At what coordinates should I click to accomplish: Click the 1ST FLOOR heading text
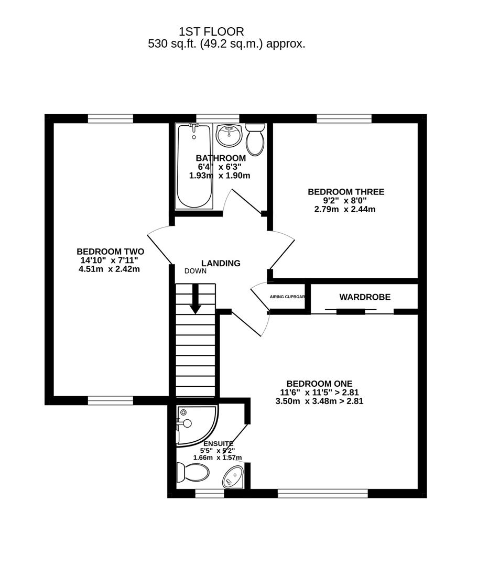tap(211, 32)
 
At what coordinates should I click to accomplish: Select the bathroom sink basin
tap(229, 135)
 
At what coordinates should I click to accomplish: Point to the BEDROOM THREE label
tap(345, 192)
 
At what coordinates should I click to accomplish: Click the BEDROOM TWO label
tap(110, 252)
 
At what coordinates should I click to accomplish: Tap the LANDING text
tap(221, 263)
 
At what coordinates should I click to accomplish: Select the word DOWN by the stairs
tap(196, 271)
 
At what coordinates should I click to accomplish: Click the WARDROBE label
tap(365, 297)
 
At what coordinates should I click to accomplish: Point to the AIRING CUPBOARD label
tap(287, 297)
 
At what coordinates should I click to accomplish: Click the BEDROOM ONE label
tap(319, 384)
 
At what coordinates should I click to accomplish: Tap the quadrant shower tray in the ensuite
tap(194, 426)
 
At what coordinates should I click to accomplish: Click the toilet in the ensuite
tap(193, 472)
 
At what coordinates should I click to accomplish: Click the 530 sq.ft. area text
tap(226, 44)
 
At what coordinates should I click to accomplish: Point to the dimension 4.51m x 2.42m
tap(109, 269)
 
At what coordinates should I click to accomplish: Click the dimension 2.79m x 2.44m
tap(344, 209)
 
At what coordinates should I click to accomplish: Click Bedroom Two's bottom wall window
tap(110, 401)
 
